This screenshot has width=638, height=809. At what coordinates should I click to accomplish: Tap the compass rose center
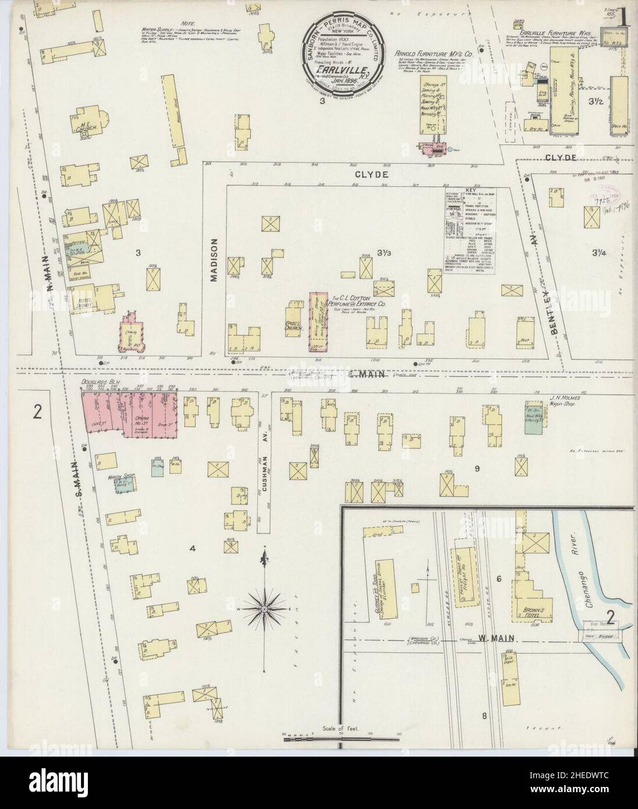265,592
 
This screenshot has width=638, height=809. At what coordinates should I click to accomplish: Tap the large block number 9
476,467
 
